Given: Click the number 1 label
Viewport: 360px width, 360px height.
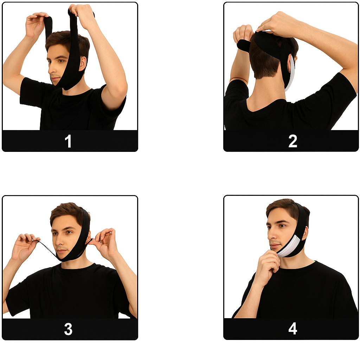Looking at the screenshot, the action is pos(68,141).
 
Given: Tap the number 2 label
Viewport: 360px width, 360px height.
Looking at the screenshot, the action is pos(292,141).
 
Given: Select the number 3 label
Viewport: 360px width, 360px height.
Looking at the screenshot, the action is pos(68,329).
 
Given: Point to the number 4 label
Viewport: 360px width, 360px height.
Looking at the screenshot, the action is pos(292,329).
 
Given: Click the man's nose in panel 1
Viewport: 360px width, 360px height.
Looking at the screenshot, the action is pos(51,69).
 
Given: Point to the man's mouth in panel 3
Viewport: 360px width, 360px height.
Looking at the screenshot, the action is pos(61,250).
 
